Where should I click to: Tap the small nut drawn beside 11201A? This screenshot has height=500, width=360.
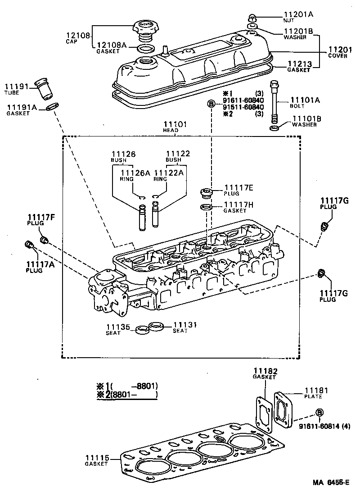click(x=252, y=18)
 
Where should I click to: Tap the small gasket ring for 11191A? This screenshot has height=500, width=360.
click(x=52, y=107)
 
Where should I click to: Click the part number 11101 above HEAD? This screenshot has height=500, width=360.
click(x=175, y=124)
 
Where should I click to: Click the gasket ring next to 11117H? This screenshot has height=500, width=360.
click(x=206, y=207)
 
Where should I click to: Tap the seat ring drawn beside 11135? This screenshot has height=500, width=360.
click(x=143, y=329)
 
